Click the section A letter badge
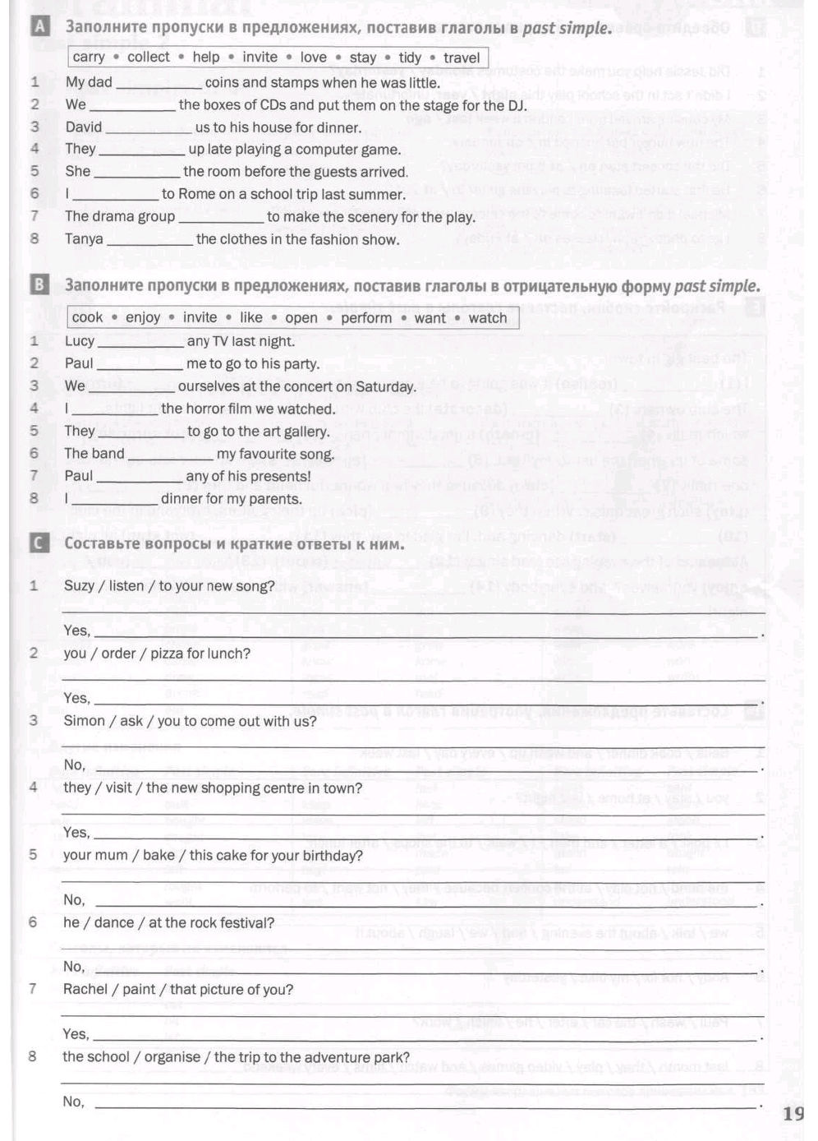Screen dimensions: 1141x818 (39, 28)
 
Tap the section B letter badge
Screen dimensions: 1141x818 (39, 286)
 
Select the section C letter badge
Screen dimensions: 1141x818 (39, 543)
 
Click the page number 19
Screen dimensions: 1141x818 (793, 1114)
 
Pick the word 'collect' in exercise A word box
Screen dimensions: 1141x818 (149, 58)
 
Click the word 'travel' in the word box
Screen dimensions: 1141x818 (462, 58)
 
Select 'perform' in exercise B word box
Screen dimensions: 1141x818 (366, 318)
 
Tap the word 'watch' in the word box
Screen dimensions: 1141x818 (488, 318)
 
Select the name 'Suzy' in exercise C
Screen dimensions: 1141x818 (79, 586)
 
